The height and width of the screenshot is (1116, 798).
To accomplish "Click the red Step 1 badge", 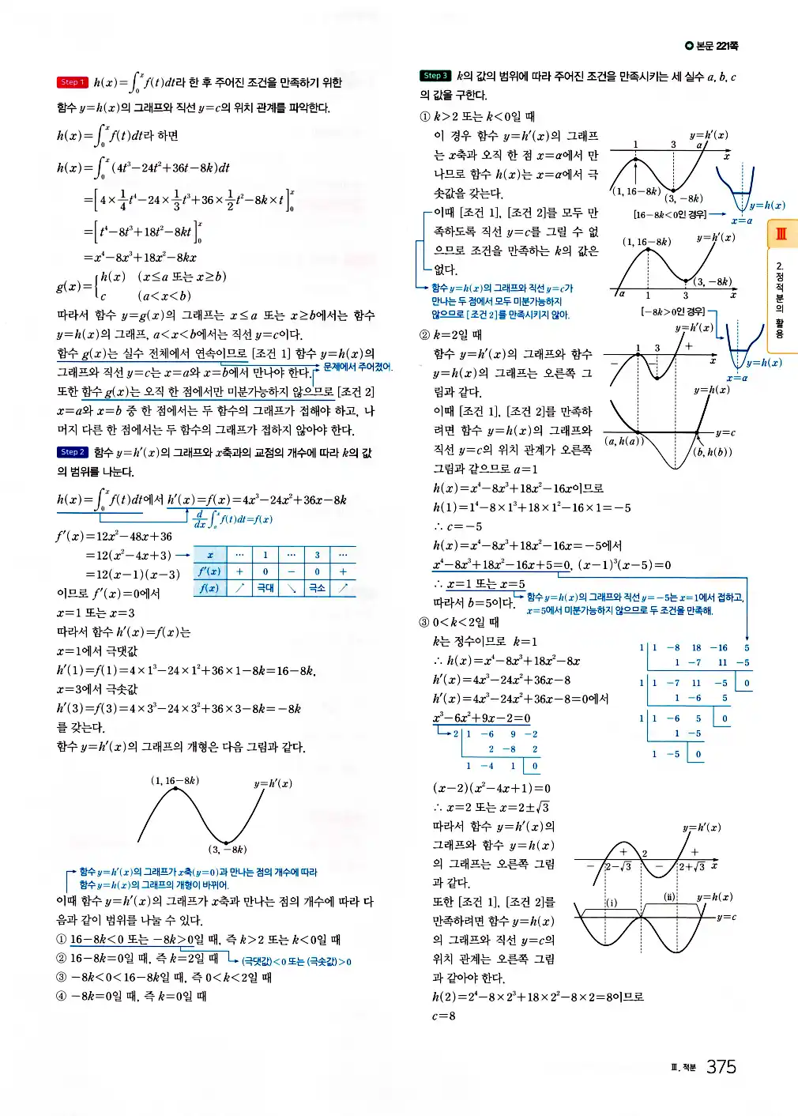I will pyautogui.click(x=71, y=82).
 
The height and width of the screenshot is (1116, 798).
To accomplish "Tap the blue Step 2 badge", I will pyautogui.click(x=71, y=452).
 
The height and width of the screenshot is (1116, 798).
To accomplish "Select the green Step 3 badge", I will pyautogui.click(x=435, y=76).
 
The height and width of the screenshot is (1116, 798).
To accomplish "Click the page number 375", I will pyautogui.click(x=721, y=1067).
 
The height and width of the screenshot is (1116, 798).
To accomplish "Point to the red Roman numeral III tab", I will pyautogui.click(x=781, y=234).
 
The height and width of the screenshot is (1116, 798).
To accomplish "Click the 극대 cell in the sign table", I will pyautogui.click(x=265, y=588).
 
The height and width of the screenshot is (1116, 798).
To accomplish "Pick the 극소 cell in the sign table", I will pyautogui.click(x=317, y=588).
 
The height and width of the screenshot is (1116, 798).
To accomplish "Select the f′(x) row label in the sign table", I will pyautogui.click(x=209, y=571).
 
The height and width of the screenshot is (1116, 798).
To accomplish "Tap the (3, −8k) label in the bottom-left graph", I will pyautogui.click(x=228, y=850).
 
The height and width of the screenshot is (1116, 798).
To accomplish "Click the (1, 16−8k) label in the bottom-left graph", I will pyautogui.click(x=175, y=781).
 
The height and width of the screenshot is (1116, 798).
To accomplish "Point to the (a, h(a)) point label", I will pyautogui.click(x=623, y=441).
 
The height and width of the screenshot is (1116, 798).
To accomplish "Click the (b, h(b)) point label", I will pyautogui.click(x=712, y=452).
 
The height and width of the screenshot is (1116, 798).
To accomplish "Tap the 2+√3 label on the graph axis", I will pyautogui.click(x=691, y=867).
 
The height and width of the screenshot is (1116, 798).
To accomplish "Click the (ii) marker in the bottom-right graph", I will pyautogui.click(x=669, y=897).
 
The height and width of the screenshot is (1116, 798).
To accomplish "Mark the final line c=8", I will pyautogui.click(x=443, y=1016).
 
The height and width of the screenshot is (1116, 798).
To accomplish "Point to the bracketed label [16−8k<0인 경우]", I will pyautogui.click(x=670, y=214).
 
